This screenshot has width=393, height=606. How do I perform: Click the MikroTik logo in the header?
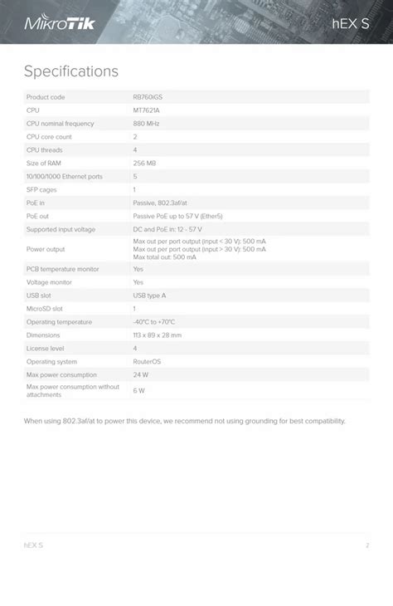pyautogui.click(x=60, y=22)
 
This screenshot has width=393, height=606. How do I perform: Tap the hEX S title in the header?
pyautogui.click(x=351, y=23)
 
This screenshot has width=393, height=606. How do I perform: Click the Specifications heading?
pyautogui.click(x=71, y=71)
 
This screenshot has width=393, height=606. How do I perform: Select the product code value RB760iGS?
pyautogui.click(x=148, y=97)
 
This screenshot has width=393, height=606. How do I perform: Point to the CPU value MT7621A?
pyautogui.click(x=147, y=110)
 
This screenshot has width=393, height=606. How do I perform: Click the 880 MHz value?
pyautogui.click(x=147, y=124)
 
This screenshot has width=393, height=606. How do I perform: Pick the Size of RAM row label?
pyautogui.click(x=44, y=164)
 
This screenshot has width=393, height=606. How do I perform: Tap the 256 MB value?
pyautogui.click(x=144, y=164)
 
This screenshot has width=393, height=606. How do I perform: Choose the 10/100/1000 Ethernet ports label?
pyautogui.click(x=65, y=177)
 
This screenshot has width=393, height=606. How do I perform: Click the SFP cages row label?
pyautogui.click(x=41, y=190)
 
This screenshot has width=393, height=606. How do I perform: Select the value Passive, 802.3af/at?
pyautogui.click(x=160, y=203)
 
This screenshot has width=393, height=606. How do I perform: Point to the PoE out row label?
pyautogui.click(x=37, y=216)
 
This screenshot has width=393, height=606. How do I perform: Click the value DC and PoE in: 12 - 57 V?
pyautogui.click(x=167, y=229)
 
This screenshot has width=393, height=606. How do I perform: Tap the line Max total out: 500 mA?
pyautogui.click(x=165, y=257)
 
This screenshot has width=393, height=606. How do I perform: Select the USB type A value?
pyautogui.click(x=149, y=296)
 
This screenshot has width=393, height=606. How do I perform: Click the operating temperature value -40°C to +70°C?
pyautogui.click(x=154, y=322)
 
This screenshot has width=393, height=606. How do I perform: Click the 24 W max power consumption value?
pyautogui.click(x=140, y=375)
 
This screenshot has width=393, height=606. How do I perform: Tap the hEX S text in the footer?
pyautogui.click(x=33, y=545)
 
